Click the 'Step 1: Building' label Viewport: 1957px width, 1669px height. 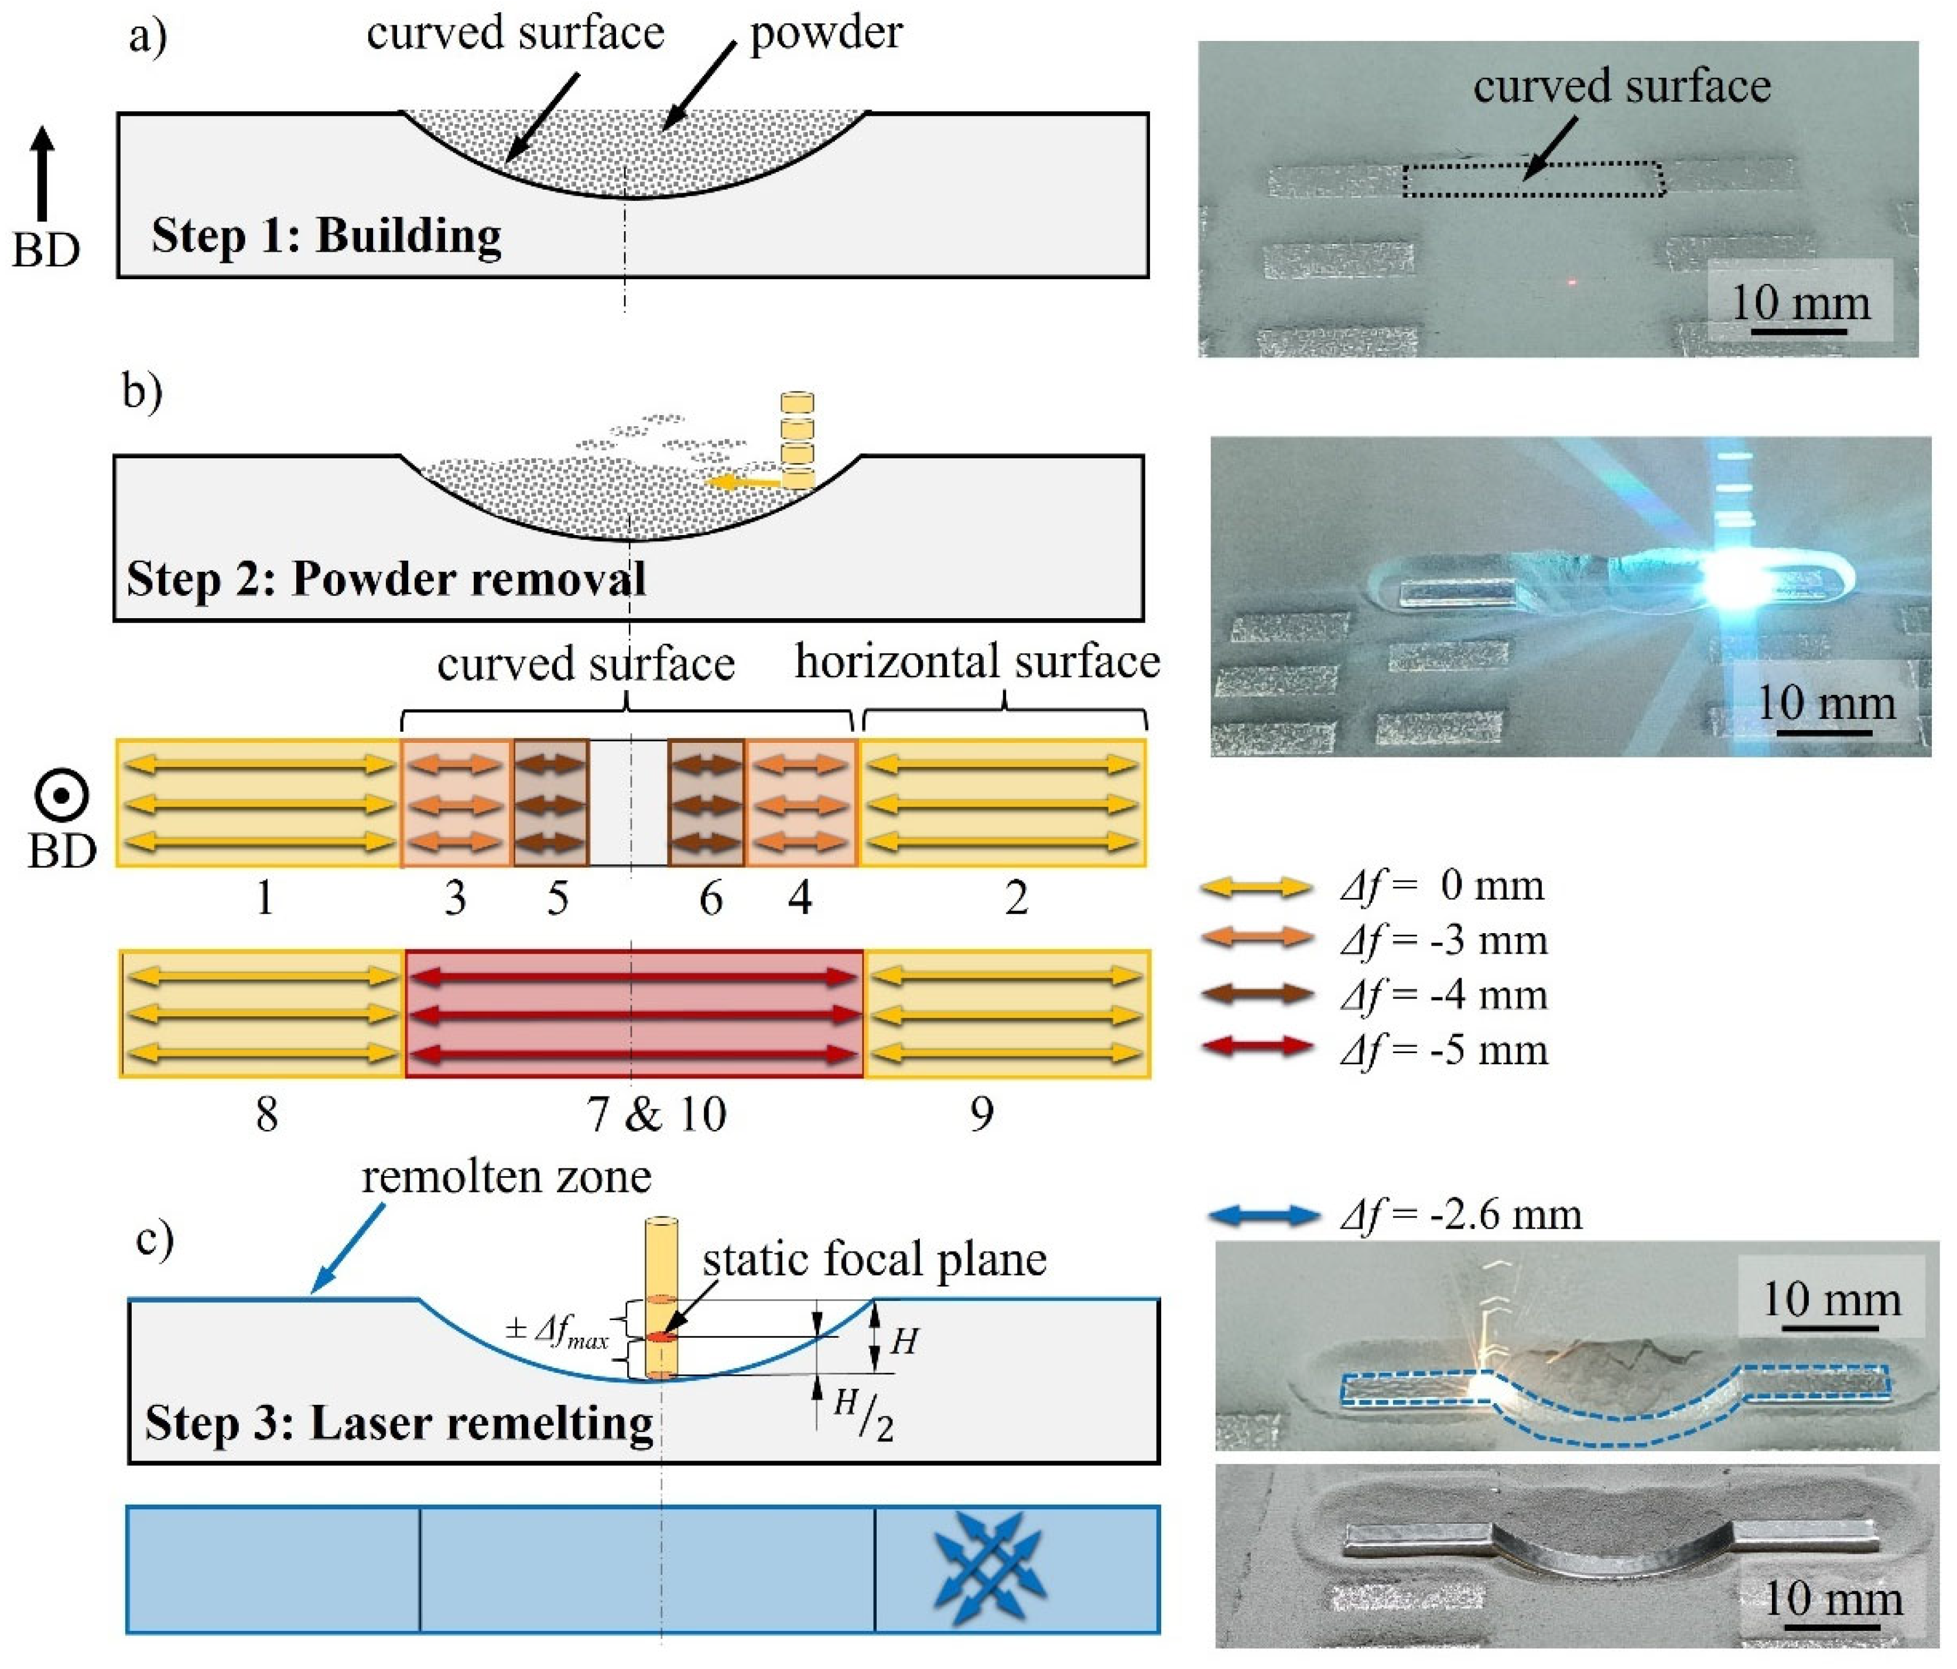pyautogui.click(x=326, y=235)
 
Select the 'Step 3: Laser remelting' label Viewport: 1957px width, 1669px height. pyautogui.click(x=399, y=1423)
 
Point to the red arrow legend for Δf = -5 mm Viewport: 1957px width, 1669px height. pyautogui.click(x=1255, y=1047)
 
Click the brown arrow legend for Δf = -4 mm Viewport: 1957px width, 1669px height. pyautogui.click(x=1255, y=992)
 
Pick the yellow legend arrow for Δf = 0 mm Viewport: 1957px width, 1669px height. pyautogui.click(x=1255, y=886)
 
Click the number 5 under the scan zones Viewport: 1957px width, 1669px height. pyautogui.click(x=557, y=898)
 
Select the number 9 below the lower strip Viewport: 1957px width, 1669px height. pyautogui.click(x=981, y=1114)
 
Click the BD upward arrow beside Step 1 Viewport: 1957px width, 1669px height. pyautogui.click(x=43, y=174)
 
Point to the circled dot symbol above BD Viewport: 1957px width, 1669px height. pyautogui.click(x=61, y=796)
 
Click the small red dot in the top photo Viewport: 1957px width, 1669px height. pyautogui.click(x=1572, y=282)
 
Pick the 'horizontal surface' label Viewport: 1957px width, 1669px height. pyautogui.click(x=977, y=662)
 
